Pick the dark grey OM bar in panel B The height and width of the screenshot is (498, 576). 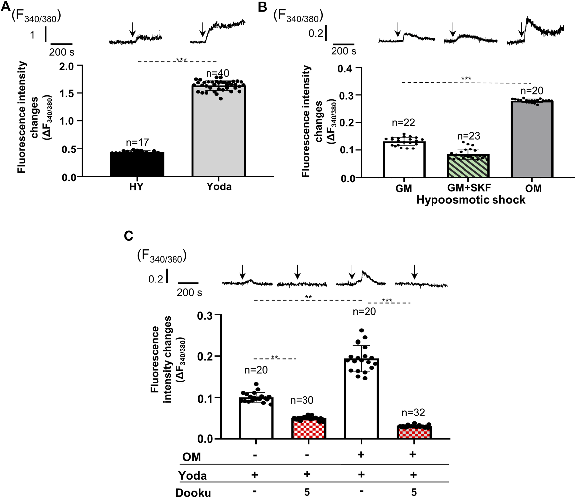click(x=532, y=139)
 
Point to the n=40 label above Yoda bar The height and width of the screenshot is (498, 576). click(x=217, y=73)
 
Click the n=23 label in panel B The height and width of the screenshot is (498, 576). click(x=468, y=136)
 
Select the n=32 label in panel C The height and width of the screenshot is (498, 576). click(x=413, y=413)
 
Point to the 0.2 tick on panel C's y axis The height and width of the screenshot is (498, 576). click(x=205, y=356)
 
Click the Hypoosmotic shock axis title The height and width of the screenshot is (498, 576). click(x=470, y=200)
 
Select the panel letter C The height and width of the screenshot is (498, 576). click(x=128, y=236)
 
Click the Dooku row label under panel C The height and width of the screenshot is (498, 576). click(x=193, y=492)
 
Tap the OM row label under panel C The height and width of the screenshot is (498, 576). click(x=191, y=457)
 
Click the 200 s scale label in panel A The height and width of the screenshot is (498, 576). click(x=62, y=52)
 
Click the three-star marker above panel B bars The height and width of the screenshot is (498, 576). click(x=466, y=79)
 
